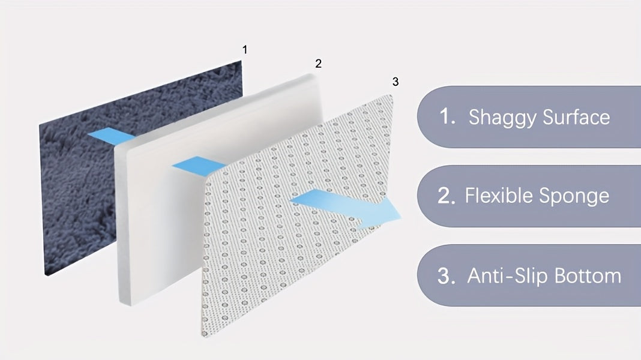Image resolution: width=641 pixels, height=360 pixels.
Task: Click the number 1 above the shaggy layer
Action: (x=245, y=50)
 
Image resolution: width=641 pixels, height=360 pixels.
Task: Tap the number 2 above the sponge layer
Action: (x=319, y=64)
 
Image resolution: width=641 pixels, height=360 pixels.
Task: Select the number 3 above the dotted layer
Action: (x=396, y=82)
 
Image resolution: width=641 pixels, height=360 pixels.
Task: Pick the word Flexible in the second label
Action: (x=498, y=196)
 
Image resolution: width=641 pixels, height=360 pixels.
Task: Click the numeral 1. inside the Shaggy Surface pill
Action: (x=447, y=116)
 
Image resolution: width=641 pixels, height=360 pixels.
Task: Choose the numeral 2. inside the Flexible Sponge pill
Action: (x=447, y=196)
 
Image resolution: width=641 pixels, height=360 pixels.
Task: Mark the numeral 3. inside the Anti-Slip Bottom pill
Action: (x=447, y=276)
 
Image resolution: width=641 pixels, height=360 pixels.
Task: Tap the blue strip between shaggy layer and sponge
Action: (x=111, y=136)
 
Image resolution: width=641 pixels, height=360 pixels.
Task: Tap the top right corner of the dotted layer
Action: (x=391, y=95)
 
